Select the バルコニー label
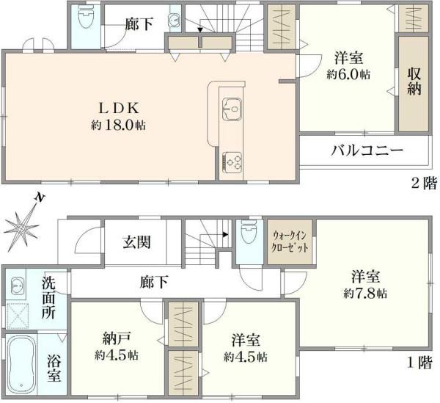tap(367, 150)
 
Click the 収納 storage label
tap(414, 83)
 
